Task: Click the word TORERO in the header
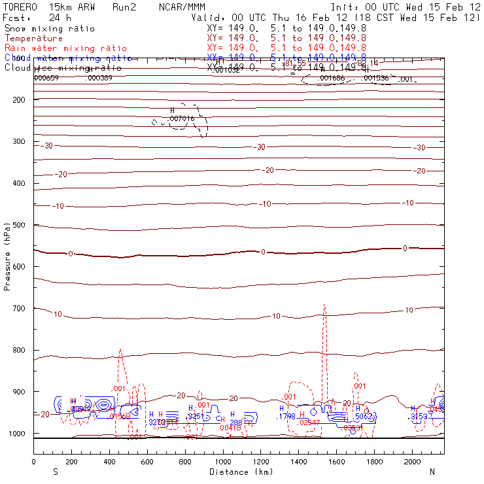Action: tap(19, 7)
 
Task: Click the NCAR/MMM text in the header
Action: tap(182, 7)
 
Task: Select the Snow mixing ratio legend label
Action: tap(49, 29)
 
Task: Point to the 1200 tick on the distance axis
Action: tap(261, 462)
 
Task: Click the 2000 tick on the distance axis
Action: tap(413, 462)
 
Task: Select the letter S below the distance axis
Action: tap(56, 472)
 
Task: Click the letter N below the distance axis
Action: tap(432, 472)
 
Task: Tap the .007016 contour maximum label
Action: tap(182, 119)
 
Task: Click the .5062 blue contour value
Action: tap(363, 417)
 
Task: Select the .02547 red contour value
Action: tap(309, 423)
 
